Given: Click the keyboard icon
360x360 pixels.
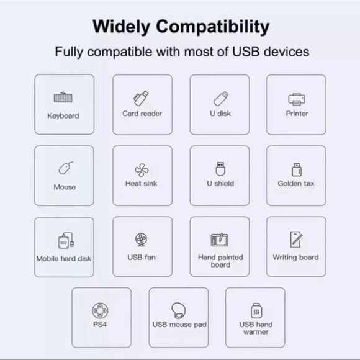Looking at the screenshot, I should pos(63,98).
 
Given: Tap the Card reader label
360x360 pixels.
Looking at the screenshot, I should pos(142,114).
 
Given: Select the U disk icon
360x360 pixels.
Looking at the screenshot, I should pos(220,98).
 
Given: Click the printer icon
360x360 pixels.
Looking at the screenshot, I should pos(296,99).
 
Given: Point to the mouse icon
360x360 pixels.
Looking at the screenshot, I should pos(65,168).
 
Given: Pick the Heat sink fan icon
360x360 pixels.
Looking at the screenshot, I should pos(142,169).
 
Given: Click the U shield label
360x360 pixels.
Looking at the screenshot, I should pos(220,184).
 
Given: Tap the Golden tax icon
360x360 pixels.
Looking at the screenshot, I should pos(296,169).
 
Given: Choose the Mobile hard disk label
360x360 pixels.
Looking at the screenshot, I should pos(63,259).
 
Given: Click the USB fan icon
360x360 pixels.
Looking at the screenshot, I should pos(141,240).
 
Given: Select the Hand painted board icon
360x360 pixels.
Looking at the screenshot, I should pos(220,240).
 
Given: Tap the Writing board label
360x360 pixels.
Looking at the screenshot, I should pos(295,257).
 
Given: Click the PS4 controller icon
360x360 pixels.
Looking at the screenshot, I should pos(101,310).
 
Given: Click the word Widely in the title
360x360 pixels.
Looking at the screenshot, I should pos(122,27).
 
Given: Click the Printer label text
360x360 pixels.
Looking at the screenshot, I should pos(297,114).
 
